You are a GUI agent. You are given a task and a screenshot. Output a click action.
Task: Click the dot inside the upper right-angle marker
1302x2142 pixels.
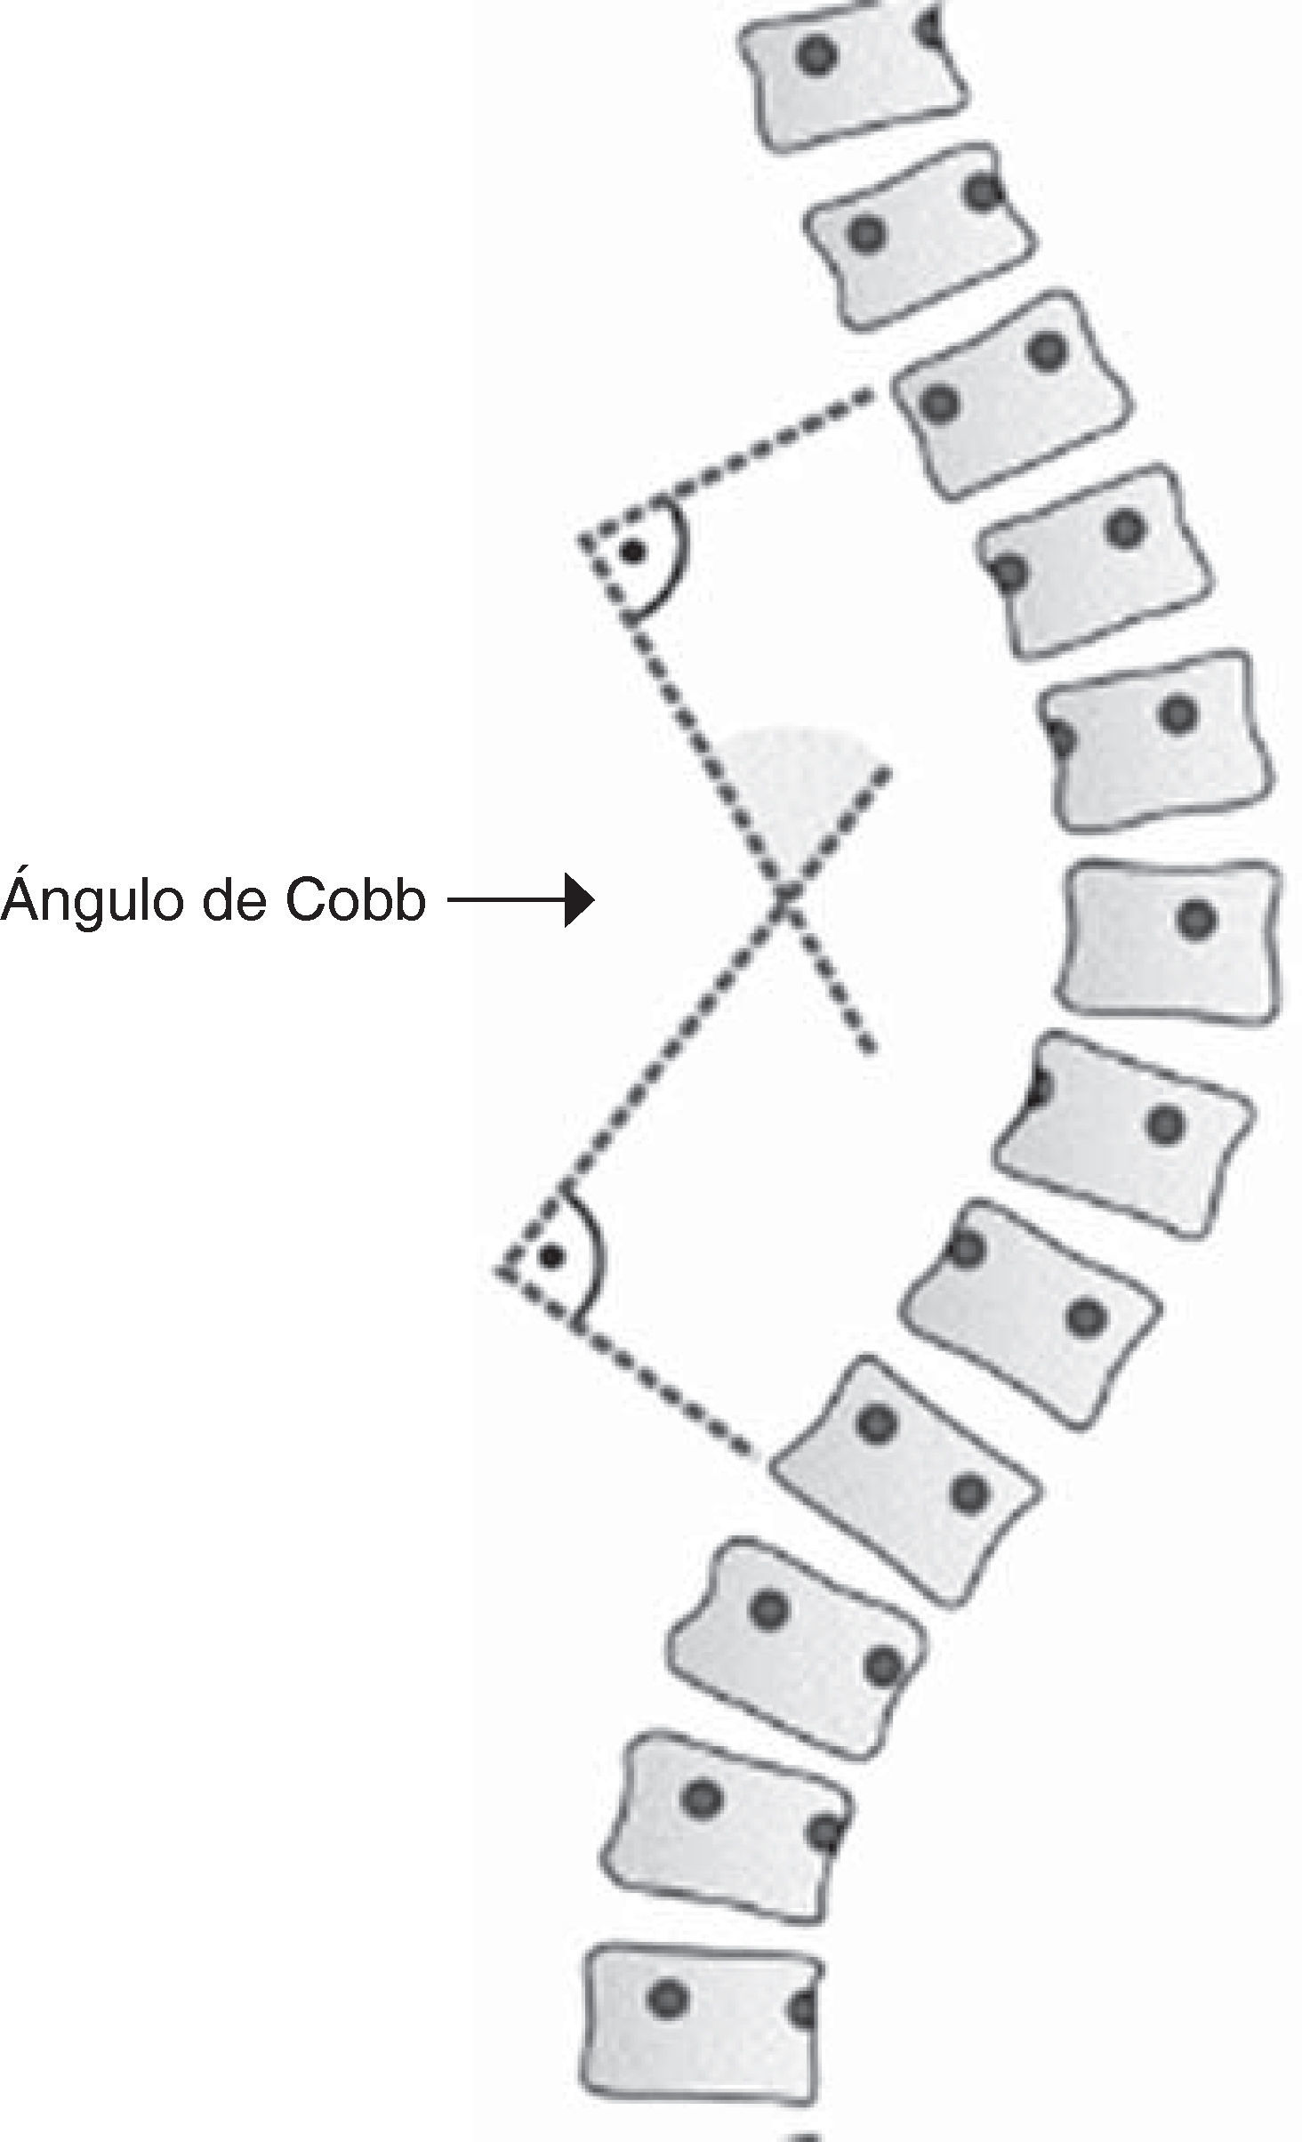pyautogui.click(x=632, y=552)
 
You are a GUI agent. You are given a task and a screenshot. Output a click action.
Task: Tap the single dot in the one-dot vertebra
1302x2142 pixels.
pyautogui.click(x=1196, y=918)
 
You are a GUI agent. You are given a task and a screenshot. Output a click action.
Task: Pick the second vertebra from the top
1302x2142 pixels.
pyautogui.click(x=920, y=236)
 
